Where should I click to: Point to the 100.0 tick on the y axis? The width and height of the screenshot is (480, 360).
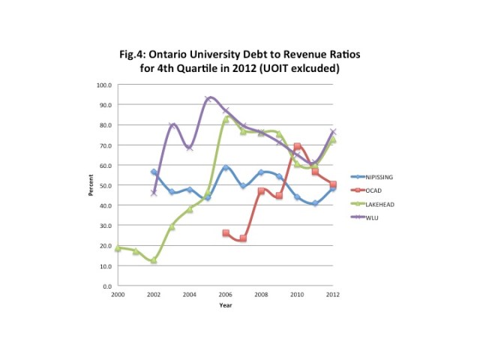point(104,85)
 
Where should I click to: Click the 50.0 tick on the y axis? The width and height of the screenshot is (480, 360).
point(106,185)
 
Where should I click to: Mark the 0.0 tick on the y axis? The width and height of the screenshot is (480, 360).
point(107,286)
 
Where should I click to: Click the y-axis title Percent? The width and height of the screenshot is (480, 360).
point(91,186)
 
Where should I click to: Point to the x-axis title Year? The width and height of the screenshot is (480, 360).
point(226,305)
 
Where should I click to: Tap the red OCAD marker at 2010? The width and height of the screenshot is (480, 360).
point(298,147)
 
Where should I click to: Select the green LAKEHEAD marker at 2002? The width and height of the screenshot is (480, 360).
point(154,260)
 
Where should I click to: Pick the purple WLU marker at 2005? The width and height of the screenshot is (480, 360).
point(208,99)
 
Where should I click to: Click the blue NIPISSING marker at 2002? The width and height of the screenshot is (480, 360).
point(154,172)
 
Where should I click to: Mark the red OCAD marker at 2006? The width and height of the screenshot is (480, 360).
point(226,233)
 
